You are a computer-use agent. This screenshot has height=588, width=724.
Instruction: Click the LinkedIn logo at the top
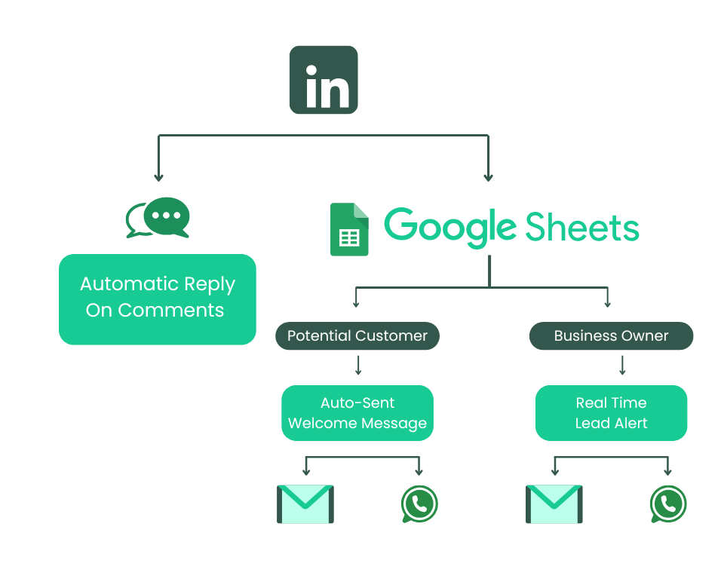point(324,80)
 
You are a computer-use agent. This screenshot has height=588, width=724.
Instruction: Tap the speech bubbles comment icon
point(158,218)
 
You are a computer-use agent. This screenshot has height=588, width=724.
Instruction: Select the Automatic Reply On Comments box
point(158,299)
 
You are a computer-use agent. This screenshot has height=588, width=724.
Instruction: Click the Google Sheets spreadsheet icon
point(349,229)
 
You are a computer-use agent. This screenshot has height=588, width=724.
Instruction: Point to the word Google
point(449,227)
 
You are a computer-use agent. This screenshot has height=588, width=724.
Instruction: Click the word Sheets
point(581,227)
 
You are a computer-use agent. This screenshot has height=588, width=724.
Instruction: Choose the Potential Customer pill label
point(357,336)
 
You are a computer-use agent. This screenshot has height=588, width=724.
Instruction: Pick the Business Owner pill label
point(611,336)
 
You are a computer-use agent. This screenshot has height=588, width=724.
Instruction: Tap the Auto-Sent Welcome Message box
point(357,413)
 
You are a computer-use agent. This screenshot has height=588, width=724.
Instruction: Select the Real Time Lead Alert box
point(611,413)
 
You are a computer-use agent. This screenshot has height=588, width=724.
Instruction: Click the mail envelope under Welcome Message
point(305,504)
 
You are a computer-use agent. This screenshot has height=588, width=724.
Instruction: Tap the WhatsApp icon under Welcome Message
point(419,504)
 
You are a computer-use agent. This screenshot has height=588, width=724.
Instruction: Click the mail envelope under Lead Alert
point(554,504)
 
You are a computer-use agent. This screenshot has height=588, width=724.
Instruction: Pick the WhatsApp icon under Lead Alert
point(668,504)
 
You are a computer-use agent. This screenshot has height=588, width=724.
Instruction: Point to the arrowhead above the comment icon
point(158,177)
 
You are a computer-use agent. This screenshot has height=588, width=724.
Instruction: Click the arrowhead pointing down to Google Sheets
point(488,177)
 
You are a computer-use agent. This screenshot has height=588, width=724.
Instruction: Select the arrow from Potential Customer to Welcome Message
point(358,366)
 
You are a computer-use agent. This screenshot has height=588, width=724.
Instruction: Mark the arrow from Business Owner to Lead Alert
point(622,366)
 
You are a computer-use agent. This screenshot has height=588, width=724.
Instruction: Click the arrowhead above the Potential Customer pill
point(355,303)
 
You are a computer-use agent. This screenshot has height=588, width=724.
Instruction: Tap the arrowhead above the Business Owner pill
point(607,303)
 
